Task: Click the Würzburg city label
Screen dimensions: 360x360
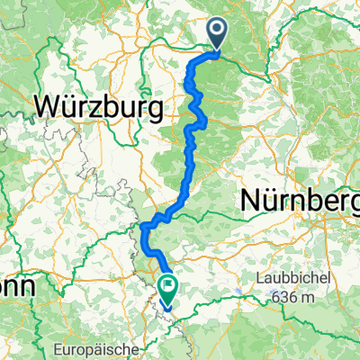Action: coord(99,107)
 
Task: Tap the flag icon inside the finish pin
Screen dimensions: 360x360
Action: coord(168,286)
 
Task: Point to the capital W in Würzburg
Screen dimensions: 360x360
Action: coord(49,107)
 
